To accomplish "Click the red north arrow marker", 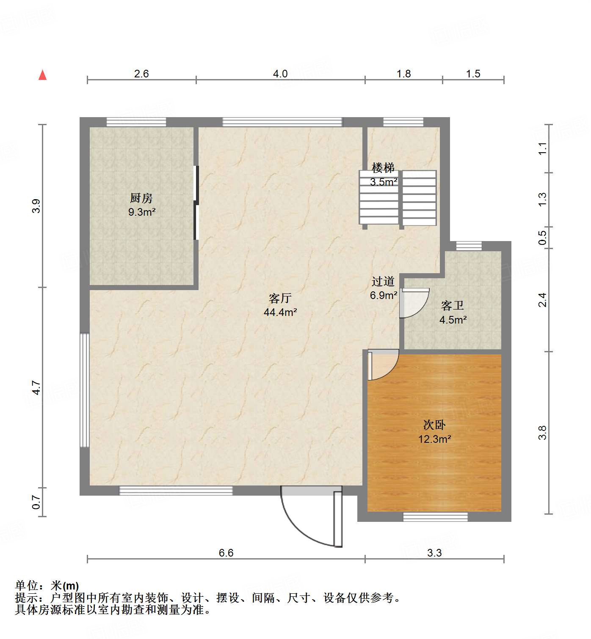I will tap(42, 75).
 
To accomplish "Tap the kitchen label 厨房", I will tap(141, 198).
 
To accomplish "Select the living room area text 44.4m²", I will tap(280, 313).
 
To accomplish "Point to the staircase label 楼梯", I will tap(383, 168).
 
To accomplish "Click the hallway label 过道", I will tap(383, 281).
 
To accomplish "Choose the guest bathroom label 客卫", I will tap(452, 305).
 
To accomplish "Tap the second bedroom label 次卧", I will tap(434, 425).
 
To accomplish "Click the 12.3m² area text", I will tap(434, 439).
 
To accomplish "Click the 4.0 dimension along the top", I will tap(280, 74).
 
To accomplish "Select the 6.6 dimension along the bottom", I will tap(226, 553).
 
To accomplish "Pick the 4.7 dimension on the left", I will tap(37, 387).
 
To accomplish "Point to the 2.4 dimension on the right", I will tap(543, 299).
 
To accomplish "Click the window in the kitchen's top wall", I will tap(136, 122).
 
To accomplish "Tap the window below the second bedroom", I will tap(435, 516).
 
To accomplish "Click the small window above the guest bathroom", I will tap(469, 246).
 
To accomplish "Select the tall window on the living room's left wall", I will tap(85, 390).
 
